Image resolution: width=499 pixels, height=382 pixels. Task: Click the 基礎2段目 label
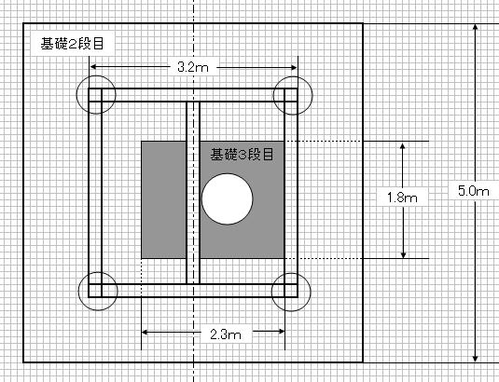pos(72,44)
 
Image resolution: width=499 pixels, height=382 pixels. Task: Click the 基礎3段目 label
pos(242,155)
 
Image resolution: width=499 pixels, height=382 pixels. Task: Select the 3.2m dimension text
pos(193,67)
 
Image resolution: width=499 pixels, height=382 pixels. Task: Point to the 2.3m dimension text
pos(226,334)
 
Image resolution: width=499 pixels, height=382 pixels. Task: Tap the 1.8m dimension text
pos(402,198)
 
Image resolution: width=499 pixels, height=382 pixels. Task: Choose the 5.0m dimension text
pos(474,191)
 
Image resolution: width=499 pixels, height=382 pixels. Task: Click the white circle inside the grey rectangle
pos(228,199)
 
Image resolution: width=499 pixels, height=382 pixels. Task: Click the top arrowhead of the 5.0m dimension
pos(475,28)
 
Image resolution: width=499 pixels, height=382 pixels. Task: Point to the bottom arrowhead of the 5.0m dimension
pos(475,358)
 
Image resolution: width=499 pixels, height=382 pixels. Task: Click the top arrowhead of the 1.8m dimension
pos(403,146)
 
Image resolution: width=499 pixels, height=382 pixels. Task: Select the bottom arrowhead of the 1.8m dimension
pos(403,253)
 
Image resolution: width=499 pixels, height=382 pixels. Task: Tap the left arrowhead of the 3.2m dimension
pos(94,67)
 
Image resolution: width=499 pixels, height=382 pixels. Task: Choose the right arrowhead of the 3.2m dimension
pos(293,67)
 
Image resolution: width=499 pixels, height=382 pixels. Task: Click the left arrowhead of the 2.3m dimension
pos(146,332)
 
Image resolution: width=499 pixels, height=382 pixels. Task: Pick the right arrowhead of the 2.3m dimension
pos(281,332)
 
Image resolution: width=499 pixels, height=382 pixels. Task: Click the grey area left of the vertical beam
pos(163,199)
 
